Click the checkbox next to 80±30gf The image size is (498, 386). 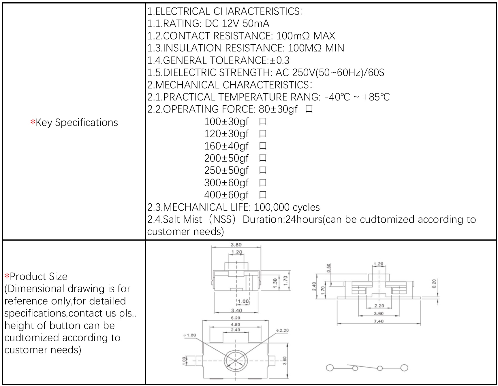click(x=309, y=109)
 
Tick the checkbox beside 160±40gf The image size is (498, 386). click(x=263, y=146)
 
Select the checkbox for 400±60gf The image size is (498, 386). click(x=263, y=195)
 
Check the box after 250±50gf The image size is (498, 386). click(x=263, y=170)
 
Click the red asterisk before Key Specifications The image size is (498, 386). click(x=33, y=122)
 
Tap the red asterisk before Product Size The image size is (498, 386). click(x=7, y=276)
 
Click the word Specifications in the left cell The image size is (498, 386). click(x=87, y=123)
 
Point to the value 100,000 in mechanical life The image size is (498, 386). click(x=271, y=207)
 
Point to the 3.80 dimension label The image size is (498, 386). click(x=236, y=245)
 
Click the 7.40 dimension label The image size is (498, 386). click(x=379, y=321)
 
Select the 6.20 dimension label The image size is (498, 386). click(x=235, y=318)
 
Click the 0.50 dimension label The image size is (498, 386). click(x=329, y=268)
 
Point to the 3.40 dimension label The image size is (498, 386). click(x=236, y=310)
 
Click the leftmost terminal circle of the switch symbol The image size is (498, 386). click(x=330, y=368)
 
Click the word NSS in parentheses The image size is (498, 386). click(x=222, y=220)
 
